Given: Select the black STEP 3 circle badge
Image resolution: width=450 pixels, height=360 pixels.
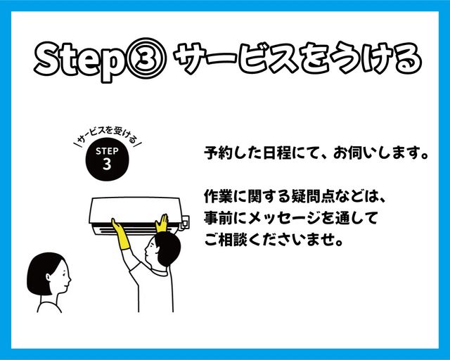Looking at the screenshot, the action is (107, 160).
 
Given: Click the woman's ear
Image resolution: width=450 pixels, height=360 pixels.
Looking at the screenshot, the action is (49, 277).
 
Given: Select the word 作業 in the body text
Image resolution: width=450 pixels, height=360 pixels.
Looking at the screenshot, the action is (218, 196).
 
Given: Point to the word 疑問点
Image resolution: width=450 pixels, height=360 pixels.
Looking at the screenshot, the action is (313, 196).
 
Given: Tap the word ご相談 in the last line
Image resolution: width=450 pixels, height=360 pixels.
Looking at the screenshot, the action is (226, 239).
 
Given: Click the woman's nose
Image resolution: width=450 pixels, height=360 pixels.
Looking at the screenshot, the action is (70, 277).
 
